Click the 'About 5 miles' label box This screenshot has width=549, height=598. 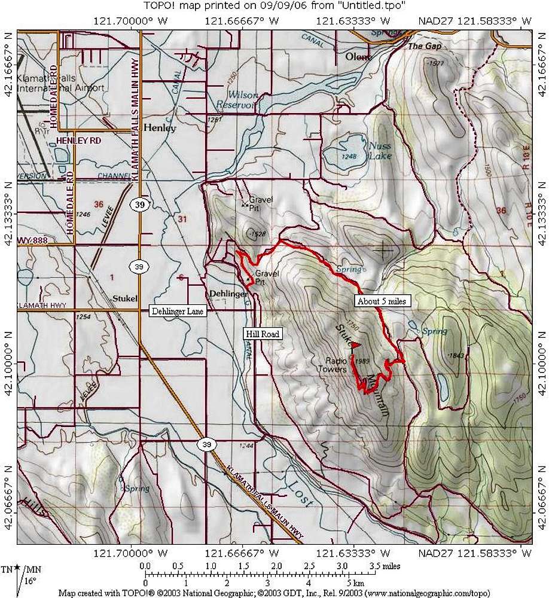click(x=381, y=301)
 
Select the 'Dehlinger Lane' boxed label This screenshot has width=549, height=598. click(x=177, y=311)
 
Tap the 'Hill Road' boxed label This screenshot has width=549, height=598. click(x=261, y=334)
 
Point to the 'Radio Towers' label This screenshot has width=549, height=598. click(x=335, y=365)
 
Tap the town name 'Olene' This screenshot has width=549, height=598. click(x=359, y=57)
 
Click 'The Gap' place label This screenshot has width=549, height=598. click(x=419, y=46)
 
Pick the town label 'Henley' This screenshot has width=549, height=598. click(x=161, y=128)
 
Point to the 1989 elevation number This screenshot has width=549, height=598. click(x=362, y=361)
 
